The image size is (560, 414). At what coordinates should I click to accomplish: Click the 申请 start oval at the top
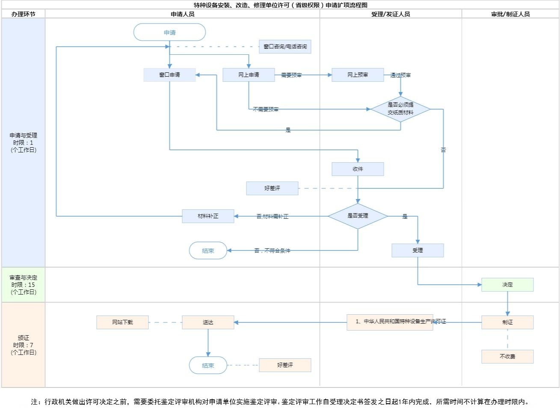pos(169,33)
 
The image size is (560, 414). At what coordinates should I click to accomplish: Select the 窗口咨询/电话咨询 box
pos(285,47)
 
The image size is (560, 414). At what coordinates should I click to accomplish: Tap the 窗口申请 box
pos(169,75)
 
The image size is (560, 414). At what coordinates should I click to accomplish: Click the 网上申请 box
pos(249,75)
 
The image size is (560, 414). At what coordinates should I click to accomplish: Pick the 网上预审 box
pos(358,75)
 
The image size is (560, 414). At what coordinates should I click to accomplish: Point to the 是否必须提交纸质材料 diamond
pos(400,109)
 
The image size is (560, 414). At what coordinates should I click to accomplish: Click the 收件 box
pos(358,169)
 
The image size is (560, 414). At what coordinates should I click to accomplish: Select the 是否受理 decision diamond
pos(358,216)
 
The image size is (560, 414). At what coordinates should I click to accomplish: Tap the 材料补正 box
pos(208,216)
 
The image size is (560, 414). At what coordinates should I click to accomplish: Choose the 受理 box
pos(418,250)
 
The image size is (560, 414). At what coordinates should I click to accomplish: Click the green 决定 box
pos(507,285)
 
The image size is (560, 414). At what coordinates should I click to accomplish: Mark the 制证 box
pos(507,322)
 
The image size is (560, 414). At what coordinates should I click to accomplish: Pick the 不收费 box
pos(507,357)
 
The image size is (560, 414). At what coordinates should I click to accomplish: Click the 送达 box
pos(208,322)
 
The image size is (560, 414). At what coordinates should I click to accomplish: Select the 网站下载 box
pos(122,322)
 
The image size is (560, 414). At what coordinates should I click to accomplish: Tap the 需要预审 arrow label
pos(291,75)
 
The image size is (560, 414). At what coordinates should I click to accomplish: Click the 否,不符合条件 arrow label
pos(272,251)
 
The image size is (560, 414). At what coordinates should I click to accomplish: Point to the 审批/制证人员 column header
pos(510,14)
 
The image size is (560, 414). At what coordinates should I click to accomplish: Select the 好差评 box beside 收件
pos(272,188)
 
